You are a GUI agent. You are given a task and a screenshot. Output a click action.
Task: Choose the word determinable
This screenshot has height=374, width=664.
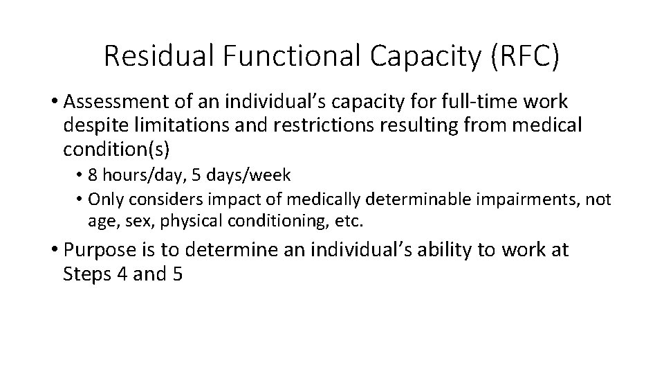[x=417, y=200]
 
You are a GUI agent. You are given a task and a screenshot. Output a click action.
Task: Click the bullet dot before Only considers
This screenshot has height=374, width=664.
[x=81, y=200]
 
